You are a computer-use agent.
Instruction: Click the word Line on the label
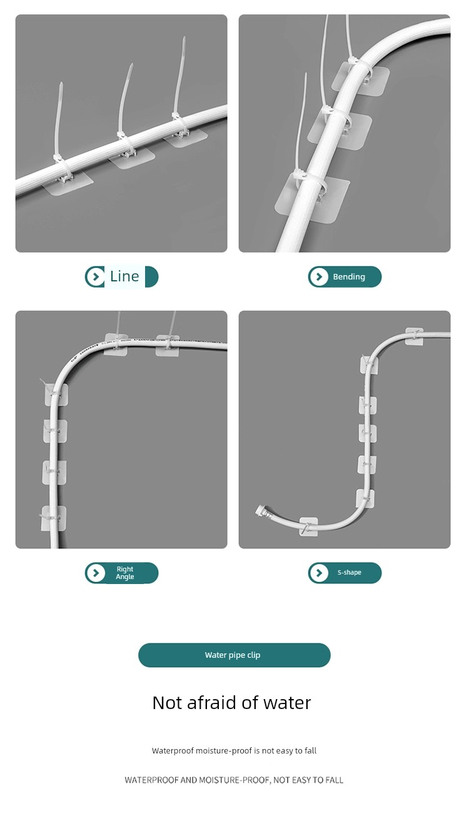click(124, 276)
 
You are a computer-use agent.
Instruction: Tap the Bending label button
click(345, 277)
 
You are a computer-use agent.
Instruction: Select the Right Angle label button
click(122, 573)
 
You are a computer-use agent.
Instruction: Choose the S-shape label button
click(345, 573)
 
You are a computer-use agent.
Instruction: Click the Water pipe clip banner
click(234, 655)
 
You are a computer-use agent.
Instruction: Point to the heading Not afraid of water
click(232, 703)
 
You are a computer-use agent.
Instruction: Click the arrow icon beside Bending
click(319, 277)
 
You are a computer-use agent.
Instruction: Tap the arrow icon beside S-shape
click(319, 573)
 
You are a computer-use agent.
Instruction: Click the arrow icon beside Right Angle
click(96, 573)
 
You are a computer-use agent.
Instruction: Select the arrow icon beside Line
click(96, 277)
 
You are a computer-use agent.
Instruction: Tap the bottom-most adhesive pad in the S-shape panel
click(309, 526)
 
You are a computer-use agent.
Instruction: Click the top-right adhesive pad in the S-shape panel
click(415, 336)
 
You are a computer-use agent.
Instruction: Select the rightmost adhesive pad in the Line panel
click(185, 138)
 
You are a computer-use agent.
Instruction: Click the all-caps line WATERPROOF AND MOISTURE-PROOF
click(234, 780)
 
